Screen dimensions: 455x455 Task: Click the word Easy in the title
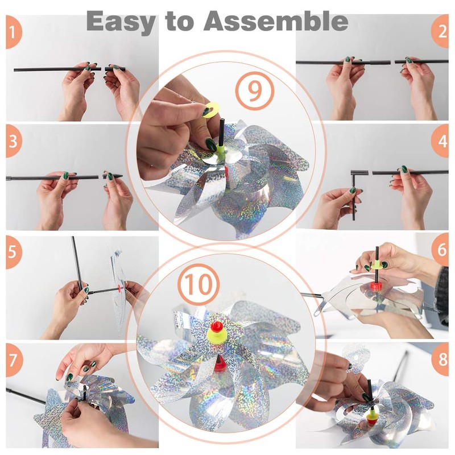click(x=121, y=22)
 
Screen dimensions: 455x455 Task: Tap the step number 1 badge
click(x=13, y=32)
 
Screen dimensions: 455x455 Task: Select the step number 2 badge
click(x=440, y=31)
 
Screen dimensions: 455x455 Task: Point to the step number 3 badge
click(x=13, y=141)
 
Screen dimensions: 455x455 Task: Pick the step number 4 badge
click(x=440, y=141)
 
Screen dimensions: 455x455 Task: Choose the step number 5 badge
click(x=13, y=251)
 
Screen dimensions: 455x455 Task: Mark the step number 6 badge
click(x=440, y=250)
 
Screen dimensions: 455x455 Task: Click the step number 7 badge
click(x=13, y=360)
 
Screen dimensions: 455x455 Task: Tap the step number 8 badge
click(x=440, y=359)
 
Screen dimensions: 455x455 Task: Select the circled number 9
click(x=254, y=91)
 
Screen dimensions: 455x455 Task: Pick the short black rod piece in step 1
click(x=115, y=69)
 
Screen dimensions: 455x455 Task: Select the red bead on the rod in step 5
click(x=119, y=288)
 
